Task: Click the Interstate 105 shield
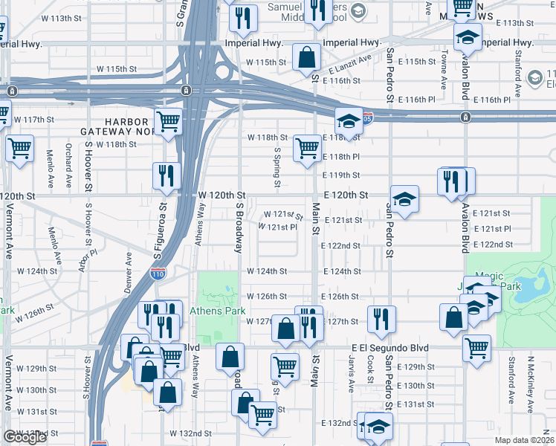click(367, 118)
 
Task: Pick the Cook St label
click(370, 370)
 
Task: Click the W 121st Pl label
click(277, 227)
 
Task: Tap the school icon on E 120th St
click(405, 199)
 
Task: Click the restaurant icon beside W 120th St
click(167, 176)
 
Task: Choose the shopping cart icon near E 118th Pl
click(307, 148)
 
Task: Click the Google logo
click(25, 437)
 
